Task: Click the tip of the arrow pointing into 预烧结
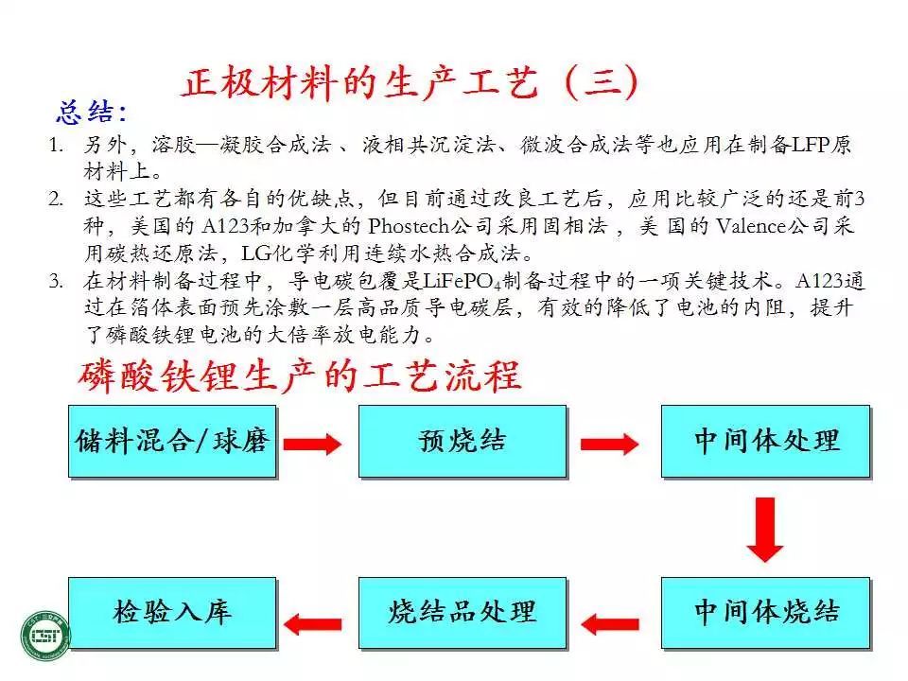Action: click(x=341, y=445)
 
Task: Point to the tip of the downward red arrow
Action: click(x=765, y=562)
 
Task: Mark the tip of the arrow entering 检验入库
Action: click(x=284, y=623)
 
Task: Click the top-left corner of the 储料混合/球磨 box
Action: click(x=69, y=406)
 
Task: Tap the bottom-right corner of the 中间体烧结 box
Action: click(x=870, y=649)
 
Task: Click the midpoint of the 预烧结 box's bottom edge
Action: click(x=463, y=477)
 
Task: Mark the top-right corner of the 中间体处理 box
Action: click(x=870, y=406)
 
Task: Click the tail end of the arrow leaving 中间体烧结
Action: click(x=638, y=624)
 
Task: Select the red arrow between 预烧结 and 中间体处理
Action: click(x=610, y=445)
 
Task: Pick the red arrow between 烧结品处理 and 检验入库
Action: click(x=313, y=623)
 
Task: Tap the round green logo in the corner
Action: click(x=45, y=636)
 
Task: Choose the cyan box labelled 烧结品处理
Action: click(x=463, y=613)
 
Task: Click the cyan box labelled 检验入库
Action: click(x=172, y=613)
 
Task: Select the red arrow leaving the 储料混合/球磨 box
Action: click(x=313, y=445)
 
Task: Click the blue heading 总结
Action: click(x=91, y=112)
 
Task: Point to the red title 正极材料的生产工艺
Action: click(x=360, y=82)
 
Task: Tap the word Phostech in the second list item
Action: click(x=409, y=225)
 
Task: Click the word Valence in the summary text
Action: click(x=753, y=225)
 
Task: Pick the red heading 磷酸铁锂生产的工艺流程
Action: click(x=300, y=376)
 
